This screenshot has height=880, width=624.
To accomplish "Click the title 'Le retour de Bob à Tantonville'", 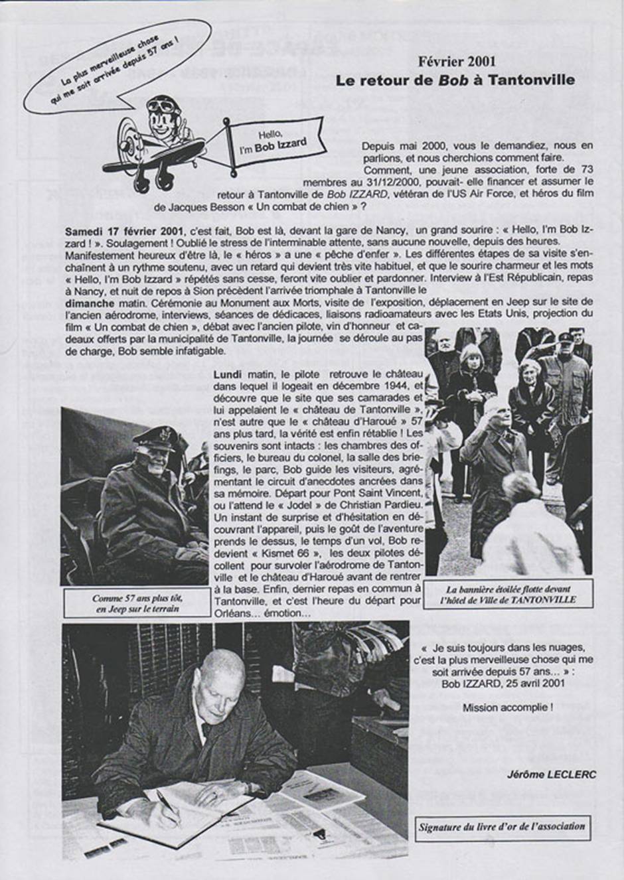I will click(455, 81).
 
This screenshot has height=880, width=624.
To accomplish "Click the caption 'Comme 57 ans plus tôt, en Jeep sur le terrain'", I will click(137, 603).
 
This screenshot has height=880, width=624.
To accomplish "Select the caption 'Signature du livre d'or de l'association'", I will click(502, 826).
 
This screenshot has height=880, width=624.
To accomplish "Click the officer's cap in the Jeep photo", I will click(154, 439).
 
